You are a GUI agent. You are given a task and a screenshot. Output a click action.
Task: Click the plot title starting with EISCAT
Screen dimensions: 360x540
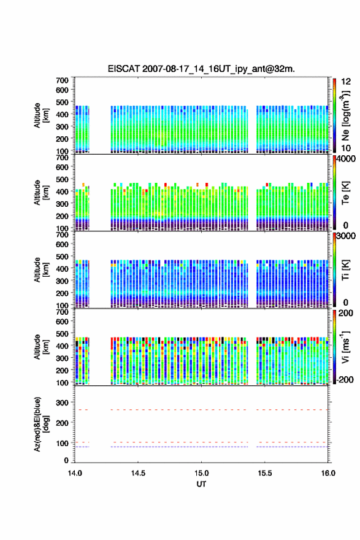201,69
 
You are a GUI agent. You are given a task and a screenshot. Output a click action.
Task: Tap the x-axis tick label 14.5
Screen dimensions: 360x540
138,473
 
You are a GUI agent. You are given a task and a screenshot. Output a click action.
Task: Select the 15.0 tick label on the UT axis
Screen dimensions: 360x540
201,473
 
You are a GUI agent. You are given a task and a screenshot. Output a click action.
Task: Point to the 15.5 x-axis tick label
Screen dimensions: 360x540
265,473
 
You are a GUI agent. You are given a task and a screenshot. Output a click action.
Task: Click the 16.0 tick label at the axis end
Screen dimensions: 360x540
328,473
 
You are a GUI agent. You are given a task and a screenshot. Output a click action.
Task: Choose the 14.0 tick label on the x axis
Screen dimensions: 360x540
75,473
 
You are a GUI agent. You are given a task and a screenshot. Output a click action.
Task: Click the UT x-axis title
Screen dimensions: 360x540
201,484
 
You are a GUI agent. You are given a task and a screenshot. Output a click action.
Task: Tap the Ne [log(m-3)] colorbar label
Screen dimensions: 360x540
345,116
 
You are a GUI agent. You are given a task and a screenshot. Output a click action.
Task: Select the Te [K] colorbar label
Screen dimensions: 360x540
345,193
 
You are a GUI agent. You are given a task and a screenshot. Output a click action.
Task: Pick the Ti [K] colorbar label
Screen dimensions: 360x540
345,270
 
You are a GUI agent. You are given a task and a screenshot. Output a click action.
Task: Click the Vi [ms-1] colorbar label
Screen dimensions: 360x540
345,347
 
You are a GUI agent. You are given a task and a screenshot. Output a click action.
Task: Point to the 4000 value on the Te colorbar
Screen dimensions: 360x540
346,159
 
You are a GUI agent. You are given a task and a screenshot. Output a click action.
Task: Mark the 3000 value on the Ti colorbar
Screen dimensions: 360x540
346,236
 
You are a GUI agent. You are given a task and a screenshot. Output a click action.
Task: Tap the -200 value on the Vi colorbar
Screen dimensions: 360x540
345,379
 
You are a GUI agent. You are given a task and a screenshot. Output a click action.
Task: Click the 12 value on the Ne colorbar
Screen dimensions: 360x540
346,82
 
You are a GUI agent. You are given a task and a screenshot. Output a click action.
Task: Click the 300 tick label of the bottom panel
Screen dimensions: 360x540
62,403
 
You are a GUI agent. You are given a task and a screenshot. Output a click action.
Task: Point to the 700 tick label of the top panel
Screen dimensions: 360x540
62,80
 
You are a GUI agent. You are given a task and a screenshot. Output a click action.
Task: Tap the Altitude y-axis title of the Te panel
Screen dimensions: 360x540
40,193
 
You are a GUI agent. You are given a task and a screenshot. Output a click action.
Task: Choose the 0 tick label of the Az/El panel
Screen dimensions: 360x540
66,460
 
